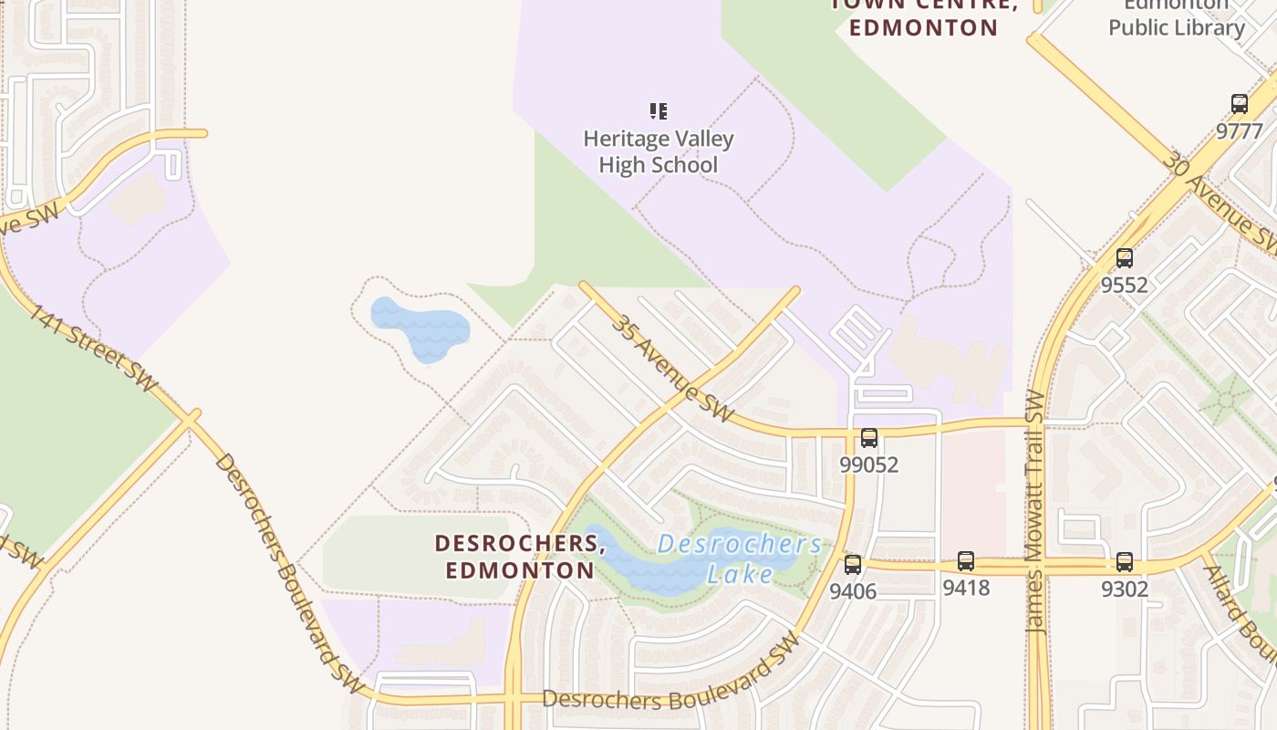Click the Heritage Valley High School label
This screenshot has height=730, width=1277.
[x=658, y=152]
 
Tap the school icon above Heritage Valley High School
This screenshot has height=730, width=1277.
[x=658, y=111]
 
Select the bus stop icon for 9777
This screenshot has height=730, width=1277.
[x=1239, y=104]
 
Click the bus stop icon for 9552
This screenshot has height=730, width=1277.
[x=1124, y=258]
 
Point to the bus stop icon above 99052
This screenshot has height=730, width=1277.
[x=868, y=438]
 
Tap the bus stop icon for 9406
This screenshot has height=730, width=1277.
[x=852, y=565]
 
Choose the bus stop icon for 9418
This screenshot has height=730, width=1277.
[x=965, y=561]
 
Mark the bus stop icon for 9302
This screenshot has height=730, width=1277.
[x=1124, y=562]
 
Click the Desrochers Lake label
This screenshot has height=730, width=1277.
[x=739, y=558]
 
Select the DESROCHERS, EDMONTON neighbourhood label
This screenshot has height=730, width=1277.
[x=520, y=557]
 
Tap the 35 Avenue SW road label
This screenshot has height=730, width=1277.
[x=671, y=368]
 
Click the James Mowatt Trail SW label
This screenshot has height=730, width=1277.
[x=1034, y=511]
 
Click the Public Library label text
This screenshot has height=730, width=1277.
[x=1176, y=27]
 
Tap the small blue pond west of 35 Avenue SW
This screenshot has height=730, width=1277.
[x=420, y=327]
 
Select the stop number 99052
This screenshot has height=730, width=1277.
[x=868, y=464]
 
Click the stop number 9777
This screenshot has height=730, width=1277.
[x=1239, y=131]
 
